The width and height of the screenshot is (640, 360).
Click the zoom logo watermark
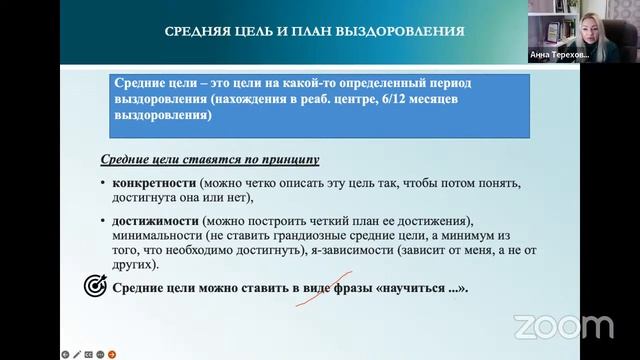click(563, 326)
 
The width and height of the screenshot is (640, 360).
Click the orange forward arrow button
click(113, 353)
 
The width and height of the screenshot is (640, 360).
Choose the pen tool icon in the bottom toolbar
click(76, 353)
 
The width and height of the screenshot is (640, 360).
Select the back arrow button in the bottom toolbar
click(64, 353)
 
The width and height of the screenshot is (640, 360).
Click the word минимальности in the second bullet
click(161, 236)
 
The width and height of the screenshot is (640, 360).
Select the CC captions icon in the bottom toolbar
click(88, 353)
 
